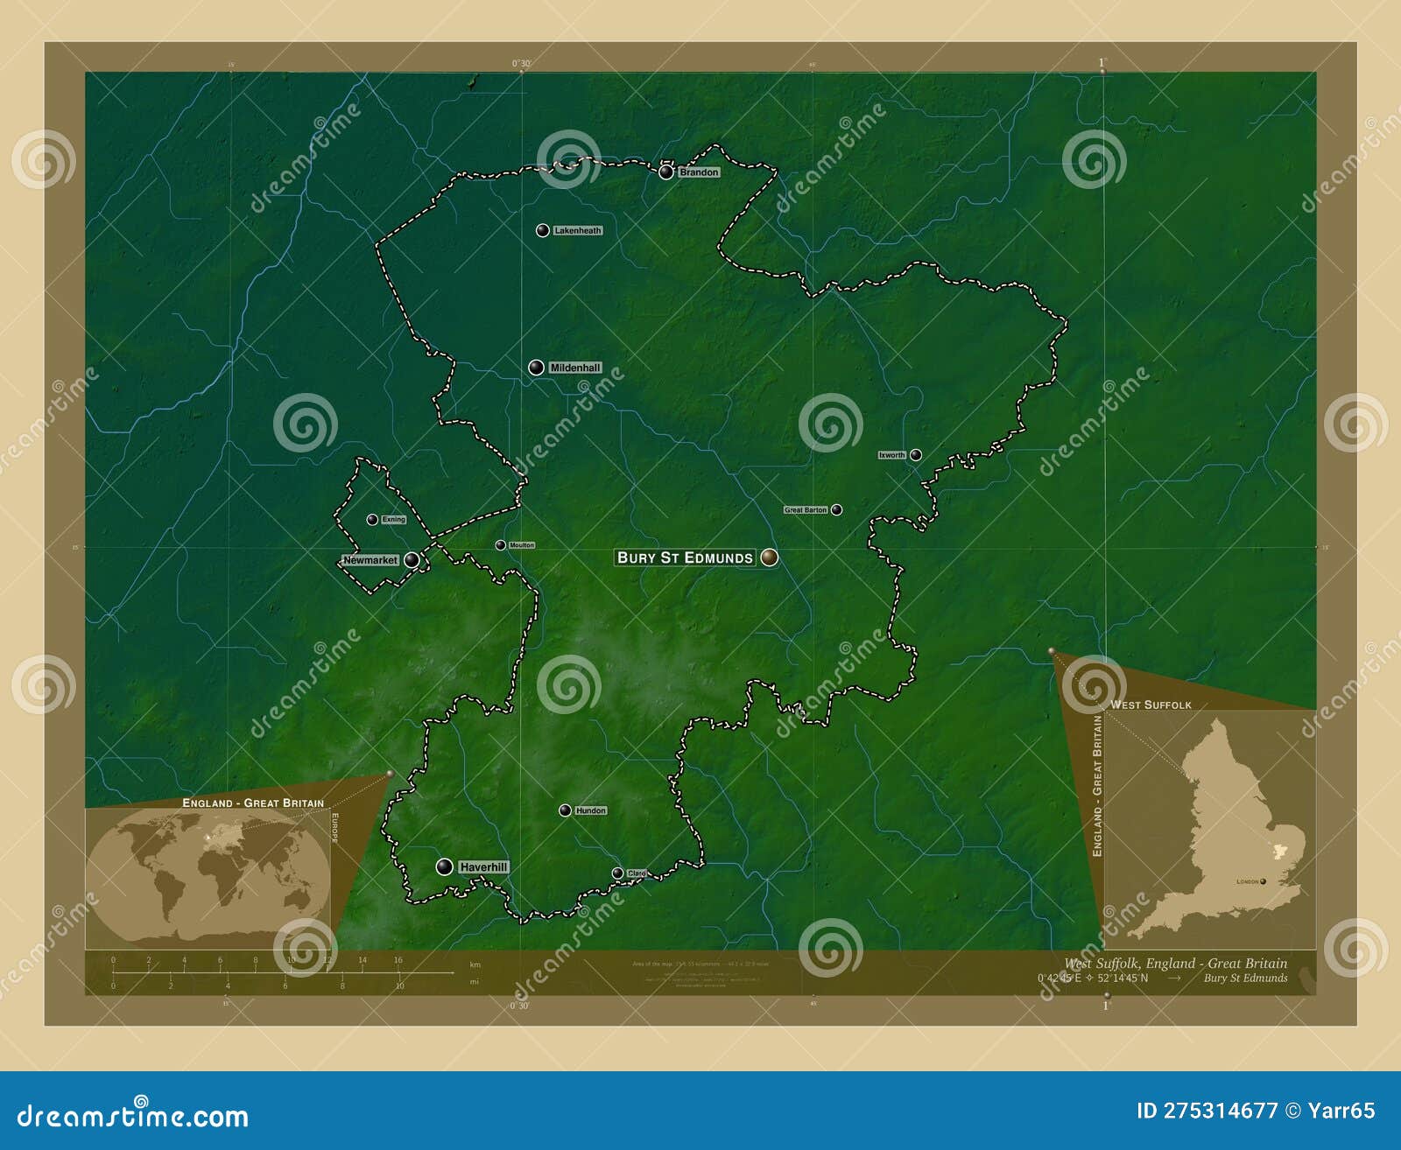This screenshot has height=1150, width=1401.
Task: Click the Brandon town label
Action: [699, 172]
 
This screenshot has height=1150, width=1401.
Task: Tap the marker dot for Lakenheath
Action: [543, 230]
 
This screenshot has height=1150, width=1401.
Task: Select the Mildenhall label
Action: [574, 368]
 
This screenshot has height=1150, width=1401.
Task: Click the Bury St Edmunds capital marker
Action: [769, 557]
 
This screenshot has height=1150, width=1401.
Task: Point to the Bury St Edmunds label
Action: [685, 557]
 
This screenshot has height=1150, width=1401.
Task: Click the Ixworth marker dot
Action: [915, 454]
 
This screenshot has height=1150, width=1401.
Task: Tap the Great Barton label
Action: [806, 509]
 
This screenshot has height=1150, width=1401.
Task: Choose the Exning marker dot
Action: [372, 519]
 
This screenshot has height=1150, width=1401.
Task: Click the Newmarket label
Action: [370, 560]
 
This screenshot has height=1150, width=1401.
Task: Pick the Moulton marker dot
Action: [500, 545]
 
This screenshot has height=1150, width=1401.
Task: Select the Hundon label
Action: [590, 810]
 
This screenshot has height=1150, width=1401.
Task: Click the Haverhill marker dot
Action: [445, 866]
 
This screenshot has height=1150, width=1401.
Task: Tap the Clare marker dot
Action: [617, 873]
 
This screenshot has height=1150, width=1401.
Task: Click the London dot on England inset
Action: [1263, 881]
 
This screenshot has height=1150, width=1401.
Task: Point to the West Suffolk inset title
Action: [1151, 705]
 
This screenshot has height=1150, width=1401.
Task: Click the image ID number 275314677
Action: [1220, 1111]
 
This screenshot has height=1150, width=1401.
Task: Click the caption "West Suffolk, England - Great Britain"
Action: [1175, 964]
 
